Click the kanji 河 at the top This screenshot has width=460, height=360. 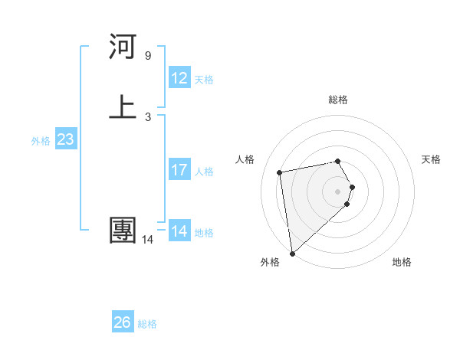click(123, 47)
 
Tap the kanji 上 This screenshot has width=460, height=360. click(123, 107)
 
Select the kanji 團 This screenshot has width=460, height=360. click(123, 231)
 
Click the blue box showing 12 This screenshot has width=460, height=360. click(179, 78)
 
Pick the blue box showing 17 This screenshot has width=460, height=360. click(179, 170)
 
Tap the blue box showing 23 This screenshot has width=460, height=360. click(65, 139)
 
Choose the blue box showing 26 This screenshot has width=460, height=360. click(123, 322)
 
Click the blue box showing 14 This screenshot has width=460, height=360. click(179, 231)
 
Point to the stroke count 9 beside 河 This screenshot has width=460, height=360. click(148, 56)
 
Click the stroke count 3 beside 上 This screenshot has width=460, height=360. click(148, 117)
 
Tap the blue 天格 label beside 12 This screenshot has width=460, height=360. click(204, 80)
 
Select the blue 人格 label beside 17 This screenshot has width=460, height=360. click(204, 172)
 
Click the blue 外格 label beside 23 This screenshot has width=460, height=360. click(40, 141)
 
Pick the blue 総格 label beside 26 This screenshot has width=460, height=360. click(147, 324)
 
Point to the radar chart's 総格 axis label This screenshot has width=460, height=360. click(338, 100)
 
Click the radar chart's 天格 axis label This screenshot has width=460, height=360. click(431, 159)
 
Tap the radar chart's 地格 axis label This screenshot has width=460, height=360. click(402, 262)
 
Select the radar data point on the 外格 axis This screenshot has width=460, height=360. click(292, 253)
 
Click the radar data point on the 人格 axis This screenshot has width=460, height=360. click(280, 172)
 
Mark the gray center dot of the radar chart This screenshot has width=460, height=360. click(338, 190)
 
